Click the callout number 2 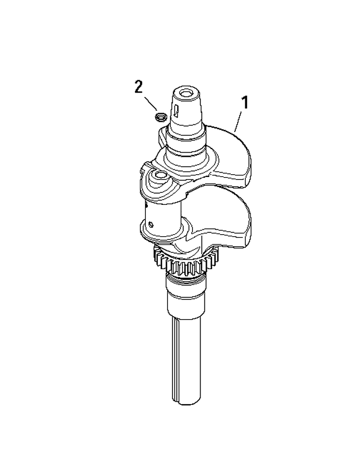138,87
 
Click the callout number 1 245,103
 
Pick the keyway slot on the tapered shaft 176,111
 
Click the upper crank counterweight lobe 228,155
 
